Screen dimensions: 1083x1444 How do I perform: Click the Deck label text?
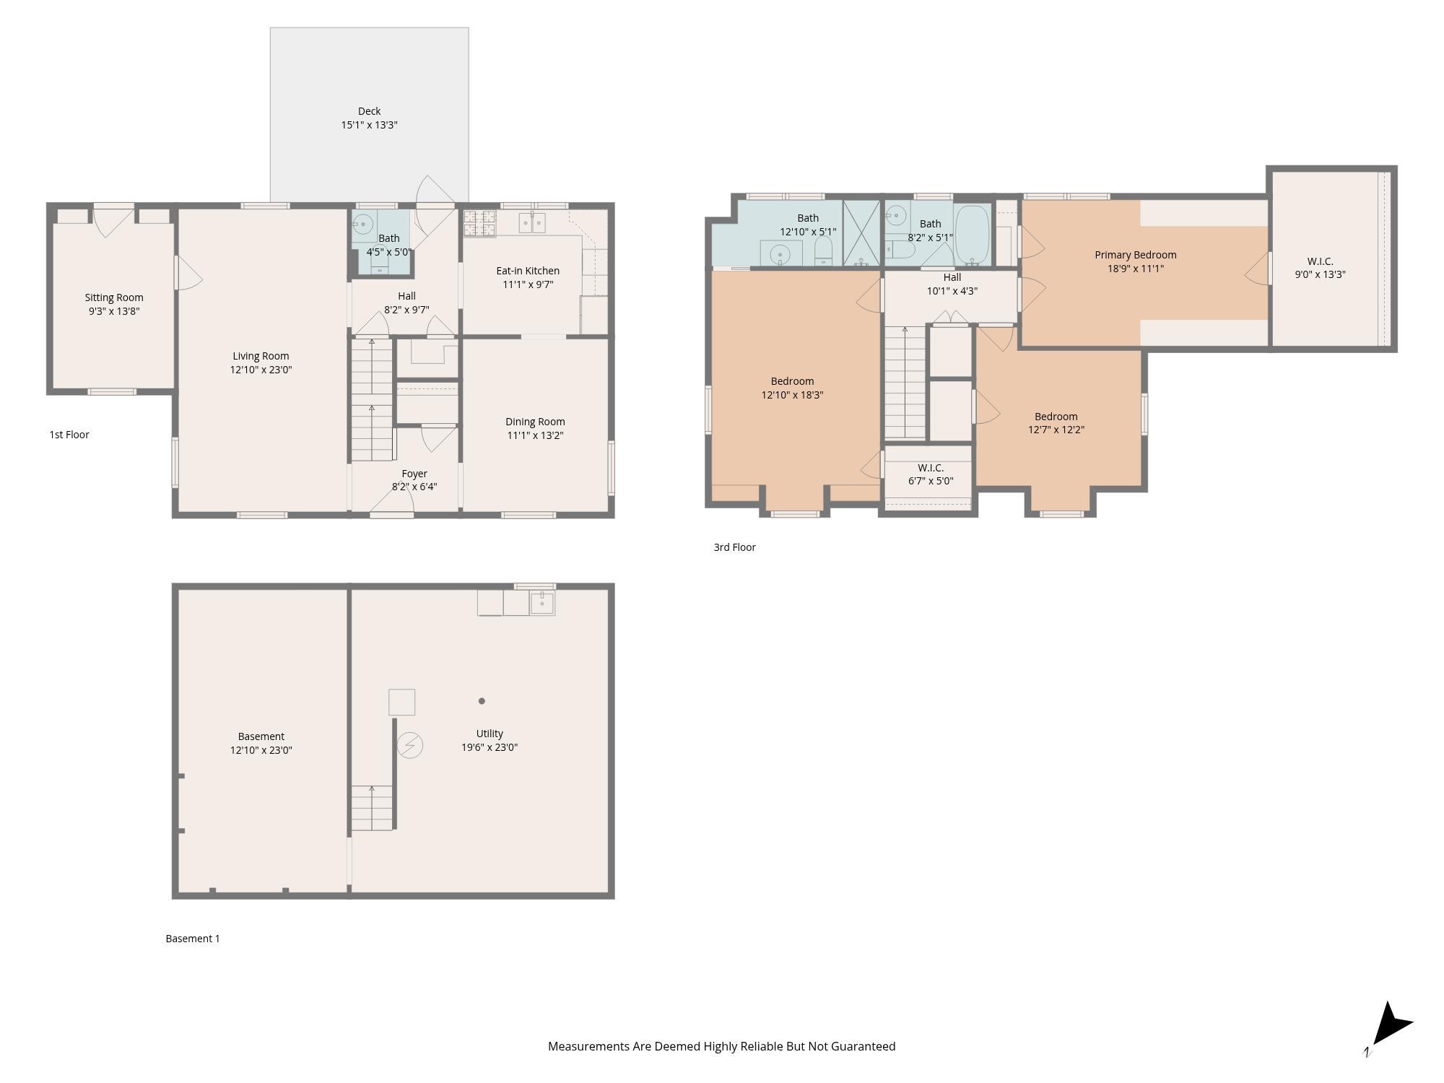[x=369, y=111]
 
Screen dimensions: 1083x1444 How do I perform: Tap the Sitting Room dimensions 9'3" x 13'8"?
[x=113, y=311]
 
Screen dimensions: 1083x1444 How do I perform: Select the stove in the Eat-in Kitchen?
[x=479, y=224]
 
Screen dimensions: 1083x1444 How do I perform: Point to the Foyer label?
[x=414, y=474]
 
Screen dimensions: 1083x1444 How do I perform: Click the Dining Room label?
[x=535, y=422]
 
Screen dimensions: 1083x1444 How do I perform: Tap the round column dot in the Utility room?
[x=482, y=701]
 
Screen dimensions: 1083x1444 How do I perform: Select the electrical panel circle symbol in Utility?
[x=410, y=745]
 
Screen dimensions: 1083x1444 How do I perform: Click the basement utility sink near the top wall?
[x=541, y=601]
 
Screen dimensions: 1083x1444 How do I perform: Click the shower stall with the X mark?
[x=861, y=233]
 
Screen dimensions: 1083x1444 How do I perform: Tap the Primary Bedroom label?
[x=1135, y=255]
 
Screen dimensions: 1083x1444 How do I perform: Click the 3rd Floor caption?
[x=734, y=547]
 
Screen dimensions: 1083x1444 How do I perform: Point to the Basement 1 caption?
[x=193, y=939]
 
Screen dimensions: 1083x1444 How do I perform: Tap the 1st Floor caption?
[x=69, y=435]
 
